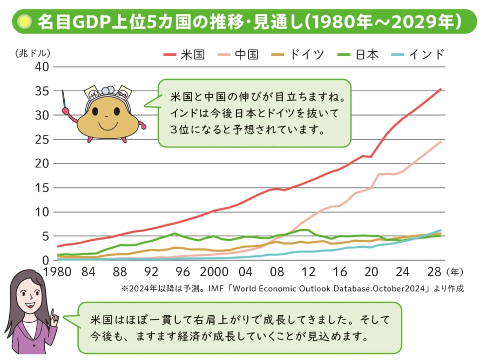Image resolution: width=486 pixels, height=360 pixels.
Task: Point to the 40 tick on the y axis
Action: [x=42, y=67]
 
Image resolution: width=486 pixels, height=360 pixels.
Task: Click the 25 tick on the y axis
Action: [x=42, y=139]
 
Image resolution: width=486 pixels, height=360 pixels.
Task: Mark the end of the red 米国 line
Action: [x=441, y=89]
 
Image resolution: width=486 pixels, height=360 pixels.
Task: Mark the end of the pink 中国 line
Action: [x=441, y=141]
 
